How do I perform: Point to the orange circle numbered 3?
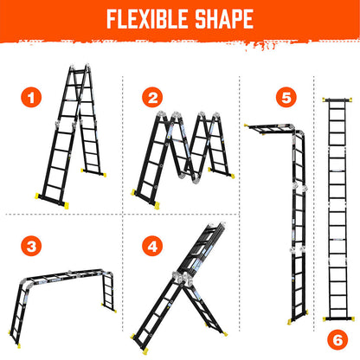point(32,246)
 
